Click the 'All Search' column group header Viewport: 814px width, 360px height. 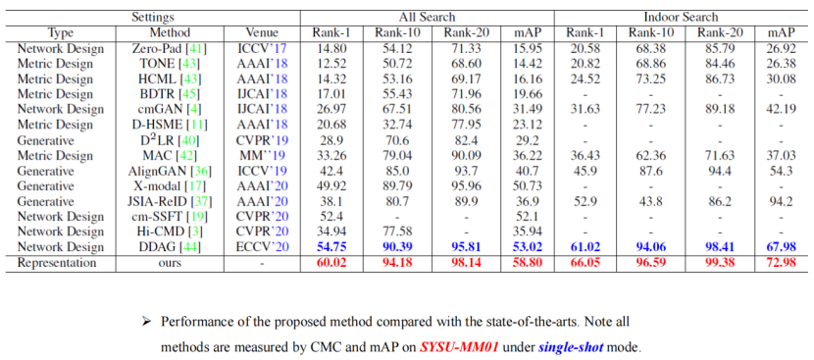click(x=427, y=17)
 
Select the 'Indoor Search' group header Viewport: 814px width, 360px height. click(x=681, y=17)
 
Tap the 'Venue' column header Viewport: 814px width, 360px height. click(x=262, y=32)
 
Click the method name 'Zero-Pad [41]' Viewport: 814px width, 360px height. click(x=171, y=48)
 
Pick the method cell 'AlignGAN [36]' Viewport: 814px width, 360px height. click(x=171, y=171)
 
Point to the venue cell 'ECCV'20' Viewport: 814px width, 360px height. click(x=262, y=247)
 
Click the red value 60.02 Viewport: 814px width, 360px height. click(x=331, y=263)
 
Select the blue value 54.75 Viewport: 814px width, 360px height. click(x=331, y=247)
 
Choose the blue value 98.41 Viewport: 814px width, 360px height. click(x=719, y=247)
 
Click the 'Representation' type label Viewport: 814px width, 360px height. click(x=57, y=263)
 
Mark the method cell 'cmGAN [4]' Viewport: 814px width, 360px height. click(x=171, y=110)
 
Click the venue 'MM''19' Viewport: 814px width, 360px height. click(x=262, y=155)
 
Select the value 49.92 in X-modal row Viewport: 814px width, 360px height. click(x=331, y=186)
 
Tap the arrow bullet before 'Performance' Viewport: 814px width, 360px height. click(x=146, y=321)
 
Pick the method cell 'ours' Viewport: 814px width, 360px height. click(x=171, y=263)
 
